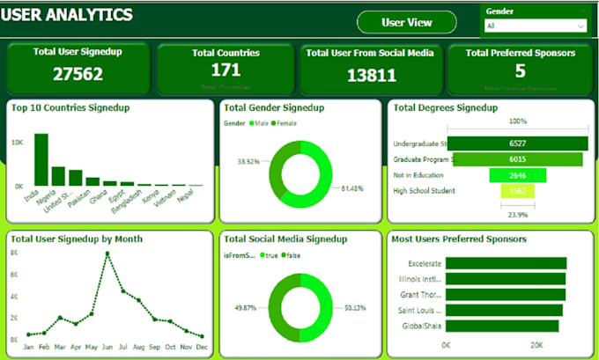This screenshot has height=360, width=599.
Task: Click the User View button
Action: tap(407, 22)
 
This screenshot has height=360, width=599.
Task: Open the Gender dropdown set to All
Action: tap(535, 26)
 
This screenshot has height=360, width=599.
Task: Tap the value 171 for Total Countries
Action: tap(226, 70)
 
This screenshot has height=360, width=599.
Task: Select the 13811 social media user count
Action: tap(369, 76)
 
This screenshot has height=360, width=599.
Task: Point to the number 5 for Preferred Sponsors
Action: tap(520, 70)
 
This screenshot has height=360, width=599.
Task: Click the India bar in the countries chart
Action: tap(41, 159)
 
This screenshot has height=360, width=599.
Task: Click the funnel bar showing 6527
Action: tap(517, 143)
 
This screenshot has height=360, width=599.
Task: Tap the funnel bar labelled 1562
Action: tap(517, 191)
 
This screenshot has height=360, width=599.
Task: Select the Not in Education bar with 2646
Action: tap(517, 175)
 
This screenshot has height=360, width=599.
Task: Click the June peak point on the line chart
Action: tap(107, 254)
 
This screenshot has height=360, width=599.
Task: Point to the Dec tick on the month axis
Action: tap(202, 348)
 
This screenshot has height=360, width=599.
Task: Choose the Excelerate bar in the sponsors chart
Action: tap(506, 263)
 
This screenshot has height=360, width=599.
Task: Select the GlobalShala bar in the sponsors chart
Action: tap(502, 326)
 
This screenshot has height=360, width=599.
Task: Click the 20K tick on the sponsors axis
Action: tap(536, 344)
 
